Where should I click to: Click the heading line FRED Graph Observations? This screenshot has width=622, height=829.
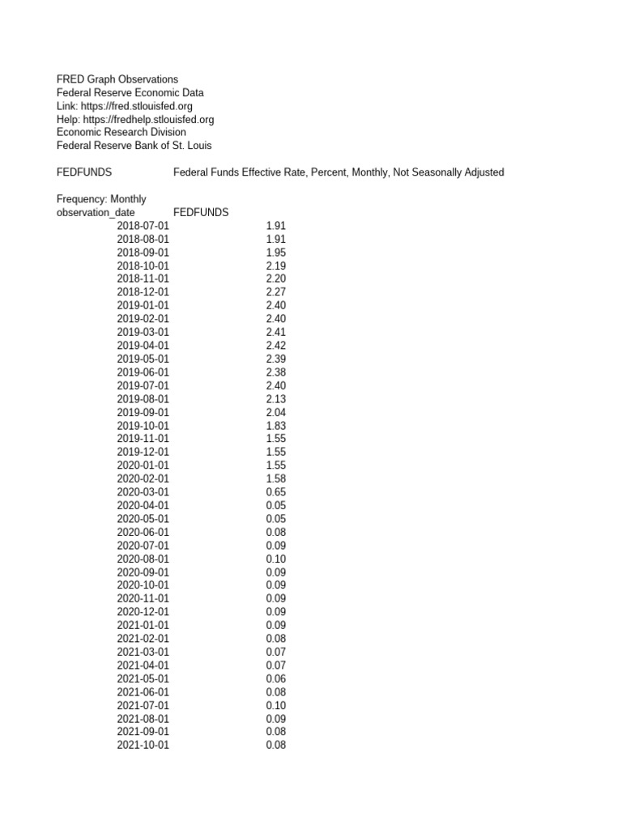point(117,79)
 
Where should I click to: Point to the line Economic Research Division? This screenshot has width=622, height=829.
point(121,132)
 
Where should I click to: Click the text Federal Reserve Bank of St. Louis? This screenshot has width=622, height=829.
point(134,146)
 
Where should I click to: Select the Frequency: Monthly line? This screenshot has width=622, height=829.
point(101,199)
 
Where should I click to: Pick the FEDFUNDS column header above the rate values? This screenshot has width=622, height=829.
point(201,212)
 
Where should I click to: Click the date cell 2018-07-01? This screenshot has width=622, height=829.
point(143,226)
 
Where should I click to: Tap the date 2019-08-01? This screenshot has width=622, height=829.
point(143,399)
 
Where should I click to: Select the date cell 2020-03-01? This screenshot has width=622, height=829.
point(143,492)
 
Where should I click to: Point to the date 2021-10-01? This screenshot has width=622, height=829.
point(143,746)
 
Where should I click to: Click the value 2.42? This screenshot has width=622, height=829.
point(275,346)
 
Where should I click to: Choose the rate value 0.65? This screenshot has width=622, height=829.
point(275,492)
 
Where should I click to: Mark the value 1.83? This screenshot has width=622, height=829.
point(275,426)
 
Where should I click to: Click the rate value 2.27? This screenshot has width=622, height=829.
point(275,292)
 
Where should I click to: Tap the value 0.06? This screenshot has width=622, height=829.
point(275,678)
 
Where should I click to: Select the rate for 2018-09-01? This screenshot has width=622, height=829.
point(275,253)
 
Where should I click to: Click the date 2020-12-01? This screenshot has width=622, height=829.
point(143,612)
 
